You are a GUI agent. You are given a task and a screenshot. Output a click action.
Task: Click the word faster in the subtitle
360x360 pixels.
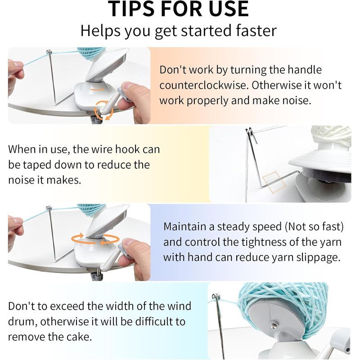[x=256, y=31]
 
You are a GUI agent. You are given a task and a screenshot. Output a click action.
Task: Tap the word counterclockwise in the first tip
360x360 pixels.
[x=203, y=85]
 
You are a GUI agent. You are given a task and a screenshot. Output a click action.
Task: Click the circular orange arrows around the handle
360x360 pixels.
[x=104, y=110]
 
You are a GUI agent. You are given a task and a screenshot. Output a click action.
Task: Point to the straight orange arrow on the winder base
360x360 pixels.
[x=97, y=89]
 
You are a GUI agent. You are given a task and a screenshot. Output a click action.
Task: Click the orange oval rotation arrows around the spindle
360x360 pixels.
[x=95, y=239]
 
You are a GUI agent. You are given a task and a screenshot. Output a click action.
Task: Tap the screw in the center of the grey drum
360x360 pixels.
[x=274, y=324]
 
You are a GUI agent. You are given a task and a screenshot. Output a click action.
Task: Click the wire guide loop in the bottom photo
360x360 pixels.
[x=216, y=297]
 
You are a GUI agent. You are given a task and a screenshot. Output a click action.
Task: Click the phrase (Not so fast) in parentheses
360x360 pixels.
[x=314, y=227]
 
